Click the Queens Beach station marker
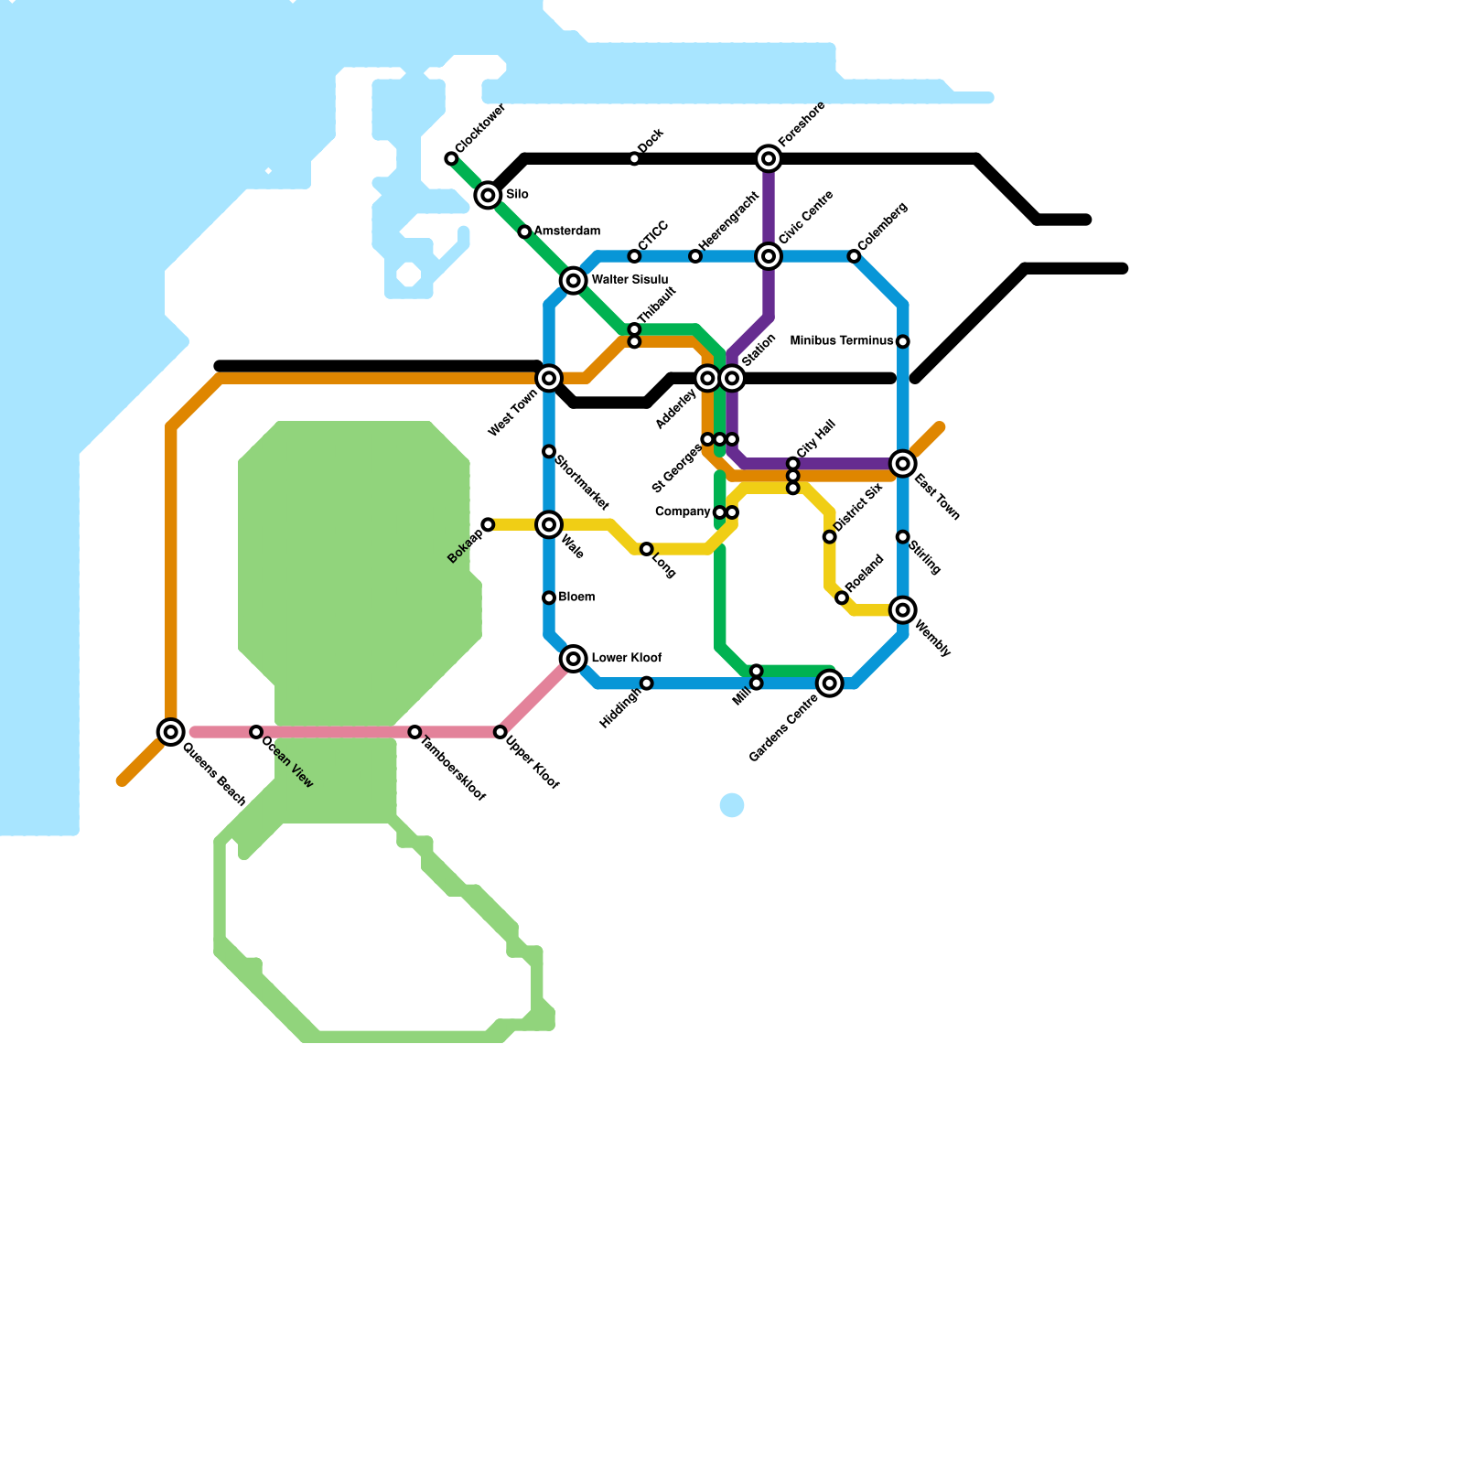pos(171,732)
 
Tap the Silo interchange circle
pos(489,195)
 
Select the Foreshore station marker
pos(769,159)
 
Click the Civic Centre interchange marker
pos(769,256)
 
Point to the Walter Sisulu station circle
pos(574,281)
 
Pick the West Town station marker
pos(549,378)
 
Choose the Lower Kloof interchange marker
pos(574,659)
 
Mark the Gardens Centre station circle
pos(830,683)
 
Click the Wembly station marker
pos(903,610)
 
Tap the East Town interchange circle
pos(903,464)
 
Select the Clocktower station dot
pos(451,159)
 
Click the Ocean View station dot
pos(256,732)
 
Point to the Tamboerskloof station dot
pos(414,732)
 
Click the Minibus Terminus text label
pos(841,341)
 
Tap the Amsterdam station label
pos(567,231)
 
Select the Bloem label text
pos(576,597)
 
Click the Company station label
pos(683,511)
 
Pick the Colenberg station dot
pos(854,256)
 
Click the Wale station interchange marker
pos(549,524)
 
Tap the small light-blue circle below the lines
pos(732,805)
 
